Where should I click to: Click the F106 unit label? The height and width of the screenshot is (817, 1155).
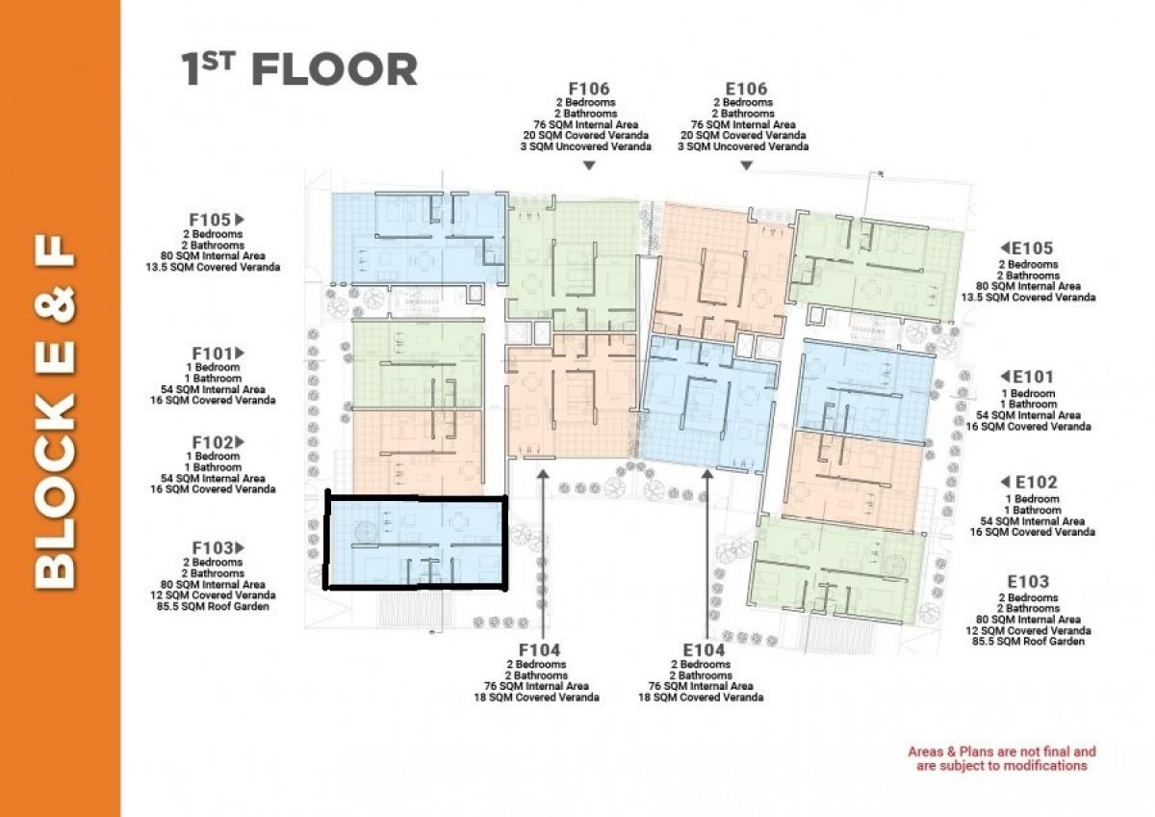pos(589,89)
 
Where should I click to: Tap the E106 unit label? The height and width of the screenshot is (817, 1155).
pos(746,89)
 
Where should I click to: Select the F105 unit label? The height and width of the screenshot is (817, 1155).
pos(210,220)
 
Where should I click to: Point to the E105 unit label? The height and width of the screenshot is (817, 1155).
pos(1033,249)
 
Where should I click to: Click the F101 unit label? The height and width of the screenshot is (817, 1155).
pos(212,354)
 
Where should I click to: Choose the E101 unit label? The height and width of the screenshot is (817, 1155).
pos(1034,377)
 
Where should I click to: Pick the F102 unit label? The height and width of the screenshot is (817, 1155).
pos(212,442)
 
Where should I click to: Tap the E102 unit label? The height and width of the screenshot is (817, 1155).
pos(1037,482)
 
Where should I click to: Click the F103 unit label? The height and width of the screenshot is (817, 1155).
pos(212,547)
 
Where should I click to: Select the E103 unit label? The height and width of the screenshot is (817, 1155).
pos(1028,582)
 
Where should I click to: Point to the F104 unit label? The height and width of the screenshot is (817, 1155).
pos(539,649)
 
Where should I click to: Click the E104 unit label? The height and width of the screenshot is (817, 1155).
pos(704,649)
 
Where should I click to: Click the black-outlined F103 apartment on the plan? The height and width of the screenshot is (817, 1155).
pos(416,542)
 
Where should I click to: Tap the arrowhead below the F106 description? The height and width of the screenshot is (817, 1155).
pos(589,166)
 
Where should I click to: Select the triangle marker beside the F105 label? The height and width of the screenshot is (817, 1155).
pos(240,220)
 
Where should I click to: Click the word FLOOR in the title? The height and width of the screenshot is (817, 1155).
pos(334,69)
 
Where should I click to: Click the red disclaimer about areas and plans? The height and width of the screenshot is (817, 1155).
pos(1002,758)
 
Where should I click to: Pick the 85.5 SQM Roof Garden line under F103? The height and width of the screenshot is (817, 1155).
pos(213,606)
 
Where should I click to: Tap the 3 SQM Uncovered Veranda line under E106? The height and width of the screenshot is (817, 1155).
pos(743,146)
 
